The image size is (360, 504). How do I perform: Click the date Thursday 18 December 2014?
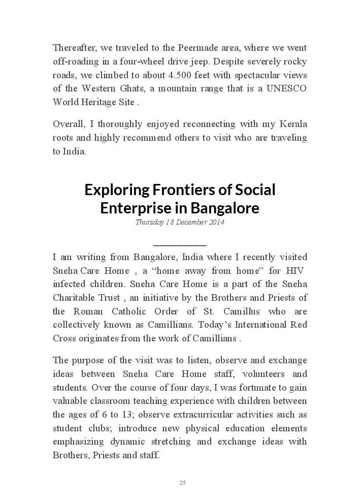pos(180,223)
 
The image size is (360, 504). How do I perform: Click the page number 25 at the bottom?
pos(182,483)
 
